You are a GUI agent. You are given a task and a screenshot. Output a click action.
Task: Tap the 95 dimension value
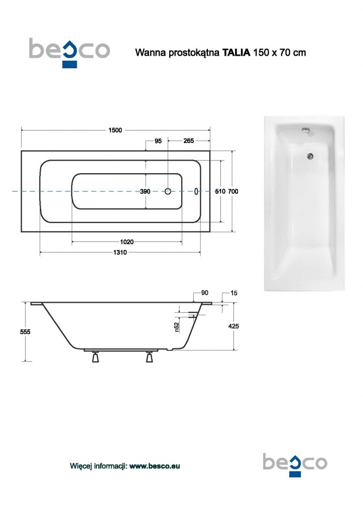coord(158,141)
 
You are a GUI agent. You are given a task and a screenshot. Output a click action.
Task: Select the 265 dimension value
coord(188,141)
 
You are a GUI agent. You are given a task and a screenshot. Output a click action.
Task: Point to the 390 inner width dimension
coord(145,191)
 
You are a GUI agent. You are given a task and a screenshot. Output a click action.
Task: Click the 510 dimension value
coord(220,191)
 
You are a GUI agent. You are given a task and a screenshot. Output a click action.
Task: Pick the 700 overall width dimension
coord(233,191)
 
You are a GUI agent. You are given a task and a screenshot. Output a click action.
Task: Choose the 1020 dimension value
coord(128,241)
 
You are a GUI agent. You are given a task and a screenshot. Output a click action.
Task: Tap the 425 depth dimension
coord(233,326)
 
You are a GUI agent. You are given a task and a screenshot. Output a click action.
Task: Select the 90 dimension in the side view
coord(204,293)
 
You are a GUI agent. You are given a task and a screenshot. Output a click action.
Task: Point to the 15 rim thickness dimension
coord(233,293)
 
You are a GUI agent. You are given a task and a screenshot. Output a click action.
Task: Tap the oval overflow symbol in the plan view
coord(196,191)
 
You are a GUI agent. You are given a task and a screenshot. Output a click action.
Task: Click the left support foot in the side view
coord(94,357)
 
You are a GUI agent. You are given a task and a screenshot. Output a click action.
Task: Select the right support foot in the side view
coord(149,357)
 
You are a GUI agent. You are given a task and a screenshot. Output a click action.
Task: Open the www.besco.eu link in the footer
coord(155,466)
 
